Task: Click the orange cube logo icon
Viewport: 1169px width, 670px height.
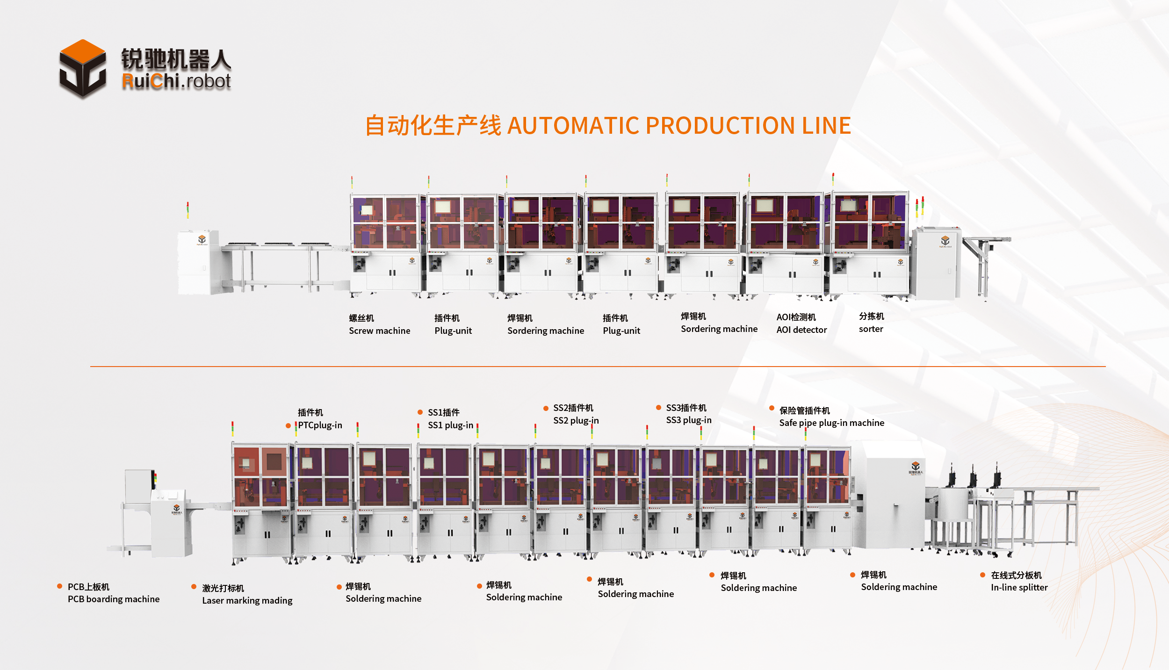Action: (82, 68)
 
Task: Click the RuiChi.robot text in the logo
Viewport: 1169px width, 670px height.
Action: (176, 81)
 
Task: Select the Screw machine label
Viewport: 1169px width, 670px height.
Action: (379, 331)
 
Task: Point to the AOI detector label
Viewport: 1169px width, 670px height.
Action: (801, 330)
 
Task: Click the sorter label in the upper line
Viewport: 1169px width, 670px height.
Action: (871, 329)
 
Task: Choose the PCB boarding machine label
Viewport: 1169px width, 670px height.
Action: (113, 599)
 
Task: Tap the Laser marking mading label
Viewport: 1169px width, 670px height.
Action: (247, 600)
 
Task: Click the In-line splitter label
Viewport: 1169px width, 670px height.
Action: (1019, 587)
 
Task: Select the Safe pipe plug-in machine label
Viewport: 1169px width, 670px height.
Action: (831, 423)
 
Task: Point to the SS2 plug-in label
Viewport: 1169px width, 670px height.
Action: (576, 420)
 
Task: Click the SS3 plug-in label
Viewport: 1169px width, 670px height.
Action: (688, 420)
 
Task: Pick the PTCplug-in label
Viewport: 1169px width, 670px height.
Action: (320, 425)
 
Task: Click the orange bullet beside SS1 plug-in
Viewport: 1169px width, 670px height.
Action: (420, 412)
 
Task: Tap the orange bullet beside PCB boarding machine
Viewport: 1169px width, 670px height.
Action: (59, 586)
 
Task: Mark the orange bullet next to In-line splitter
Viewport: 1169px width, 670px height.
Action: (982, 575)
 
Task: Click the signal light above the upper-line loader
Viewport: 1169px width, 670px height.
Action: (188, 209)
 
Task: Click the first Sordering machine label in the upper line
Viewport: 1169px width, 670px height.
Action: (545, 331)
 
